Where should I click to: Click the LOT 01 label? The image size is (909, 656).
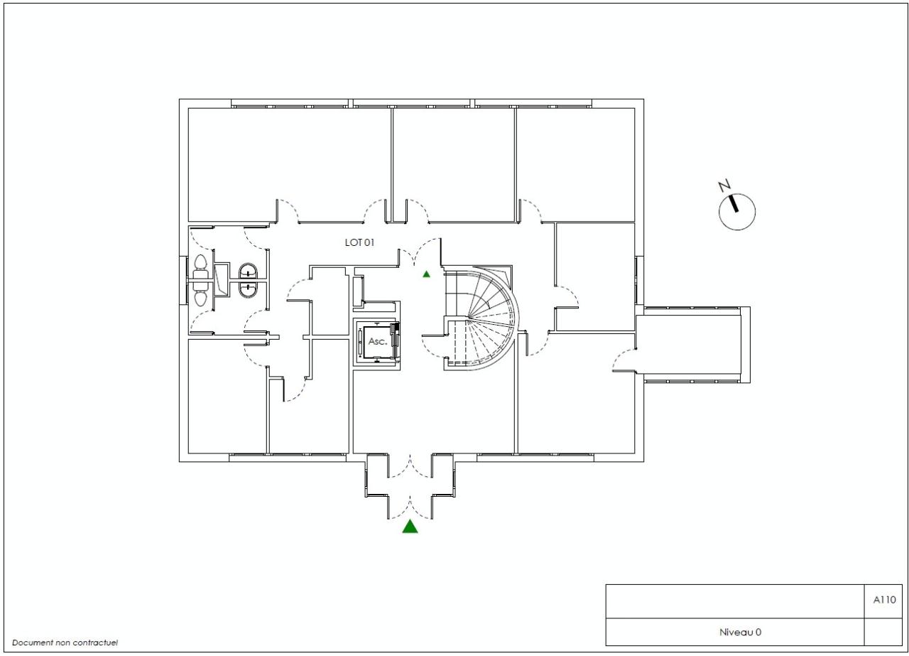359,242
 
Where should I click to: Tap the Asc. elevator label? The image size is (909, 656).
377,341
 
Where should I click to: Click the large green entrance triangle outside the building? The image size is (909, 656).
410,527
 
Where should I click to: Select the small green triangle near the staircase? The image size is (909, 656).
426,274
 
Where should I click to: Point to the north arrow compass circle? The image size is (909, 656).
737,212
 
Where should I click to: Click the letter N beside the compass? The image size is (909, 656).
724,186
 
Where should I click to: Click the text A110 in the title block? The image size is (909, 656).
884,599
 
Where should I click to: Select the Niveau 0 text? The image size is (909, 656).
740,632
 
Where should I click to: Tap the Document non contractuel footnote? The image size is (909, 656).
65,642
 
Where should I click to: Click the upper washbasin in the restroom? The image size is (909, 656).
248,271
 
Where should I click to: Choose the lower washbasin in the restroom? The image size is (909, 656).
248,289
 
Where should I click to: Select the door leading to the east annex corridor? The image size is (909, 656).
625,361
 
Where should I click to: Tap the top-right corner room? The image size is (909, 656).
575,163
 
